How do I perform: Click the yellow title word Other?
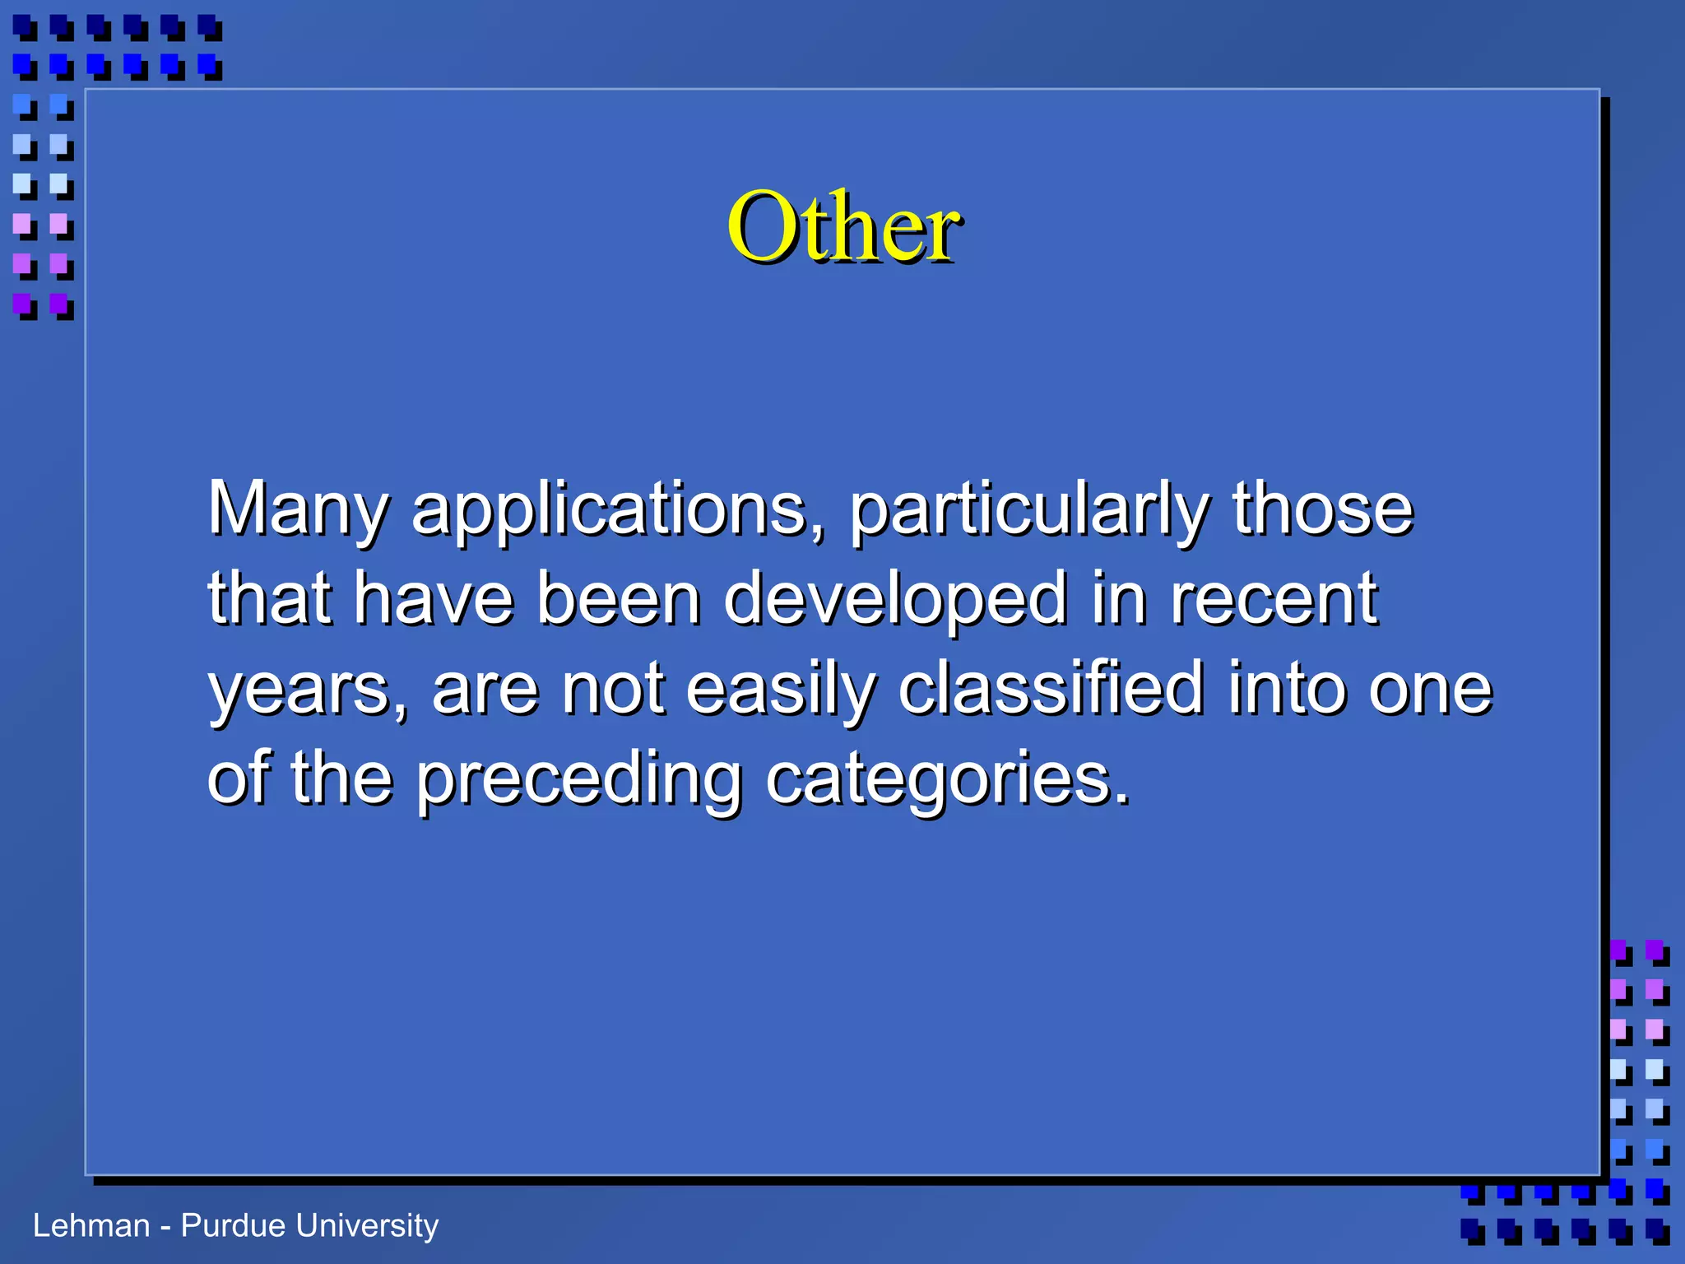pyautogui.click(x=842, y=226)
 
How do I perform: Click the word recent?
pyautogui.click(x=1273, y=599)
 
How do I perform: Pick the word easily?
pyautogui.click(x=779, y=690)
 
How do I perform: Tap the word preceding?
pyautogui.click(x=578, y=780)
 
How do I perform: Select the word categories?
pyautogui.click(x=948, y=780)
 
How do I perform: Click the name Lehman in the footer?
pyautogui.click(x=91, y=1226)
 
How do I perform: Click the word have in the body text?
pyautogui.click(x=434, y=599)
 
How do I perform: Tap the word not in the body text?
pyautogui.click(x=613, y=690)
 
